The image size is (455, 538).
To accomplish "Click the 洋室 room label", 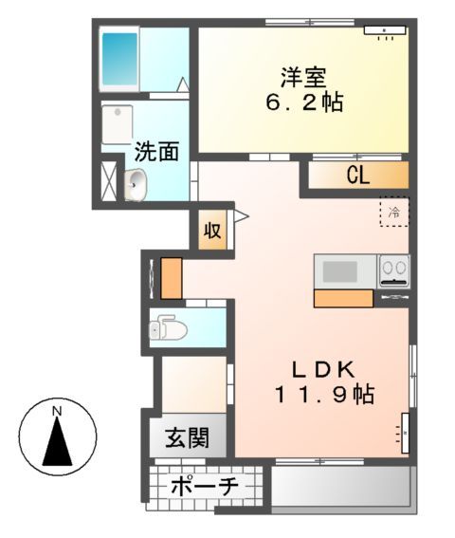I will pos(297,75).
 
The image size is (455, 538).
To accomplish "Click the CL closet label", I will pos(356,175).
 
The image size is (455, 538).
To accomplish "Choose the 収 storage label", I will pos(214,231).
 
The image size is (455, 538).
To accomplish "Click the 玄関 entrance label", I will pos(188,439).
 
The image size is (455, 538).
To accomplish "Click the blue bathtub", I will pos(120,62).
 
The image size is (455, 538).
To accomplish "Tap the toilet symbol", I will pos(169,328).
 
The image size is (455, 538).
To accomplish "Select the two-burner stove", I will pos(393,270).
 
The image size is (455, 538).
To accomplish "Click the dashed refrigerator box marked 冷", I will pos(394,213).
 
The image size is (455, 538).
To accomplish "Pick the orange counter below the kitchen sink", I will pos(343,298).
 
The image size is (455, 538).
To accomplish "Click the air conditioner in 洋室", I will pos(385,32).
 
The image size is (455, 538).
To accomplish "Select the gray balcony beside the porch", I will pos(340,490).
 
